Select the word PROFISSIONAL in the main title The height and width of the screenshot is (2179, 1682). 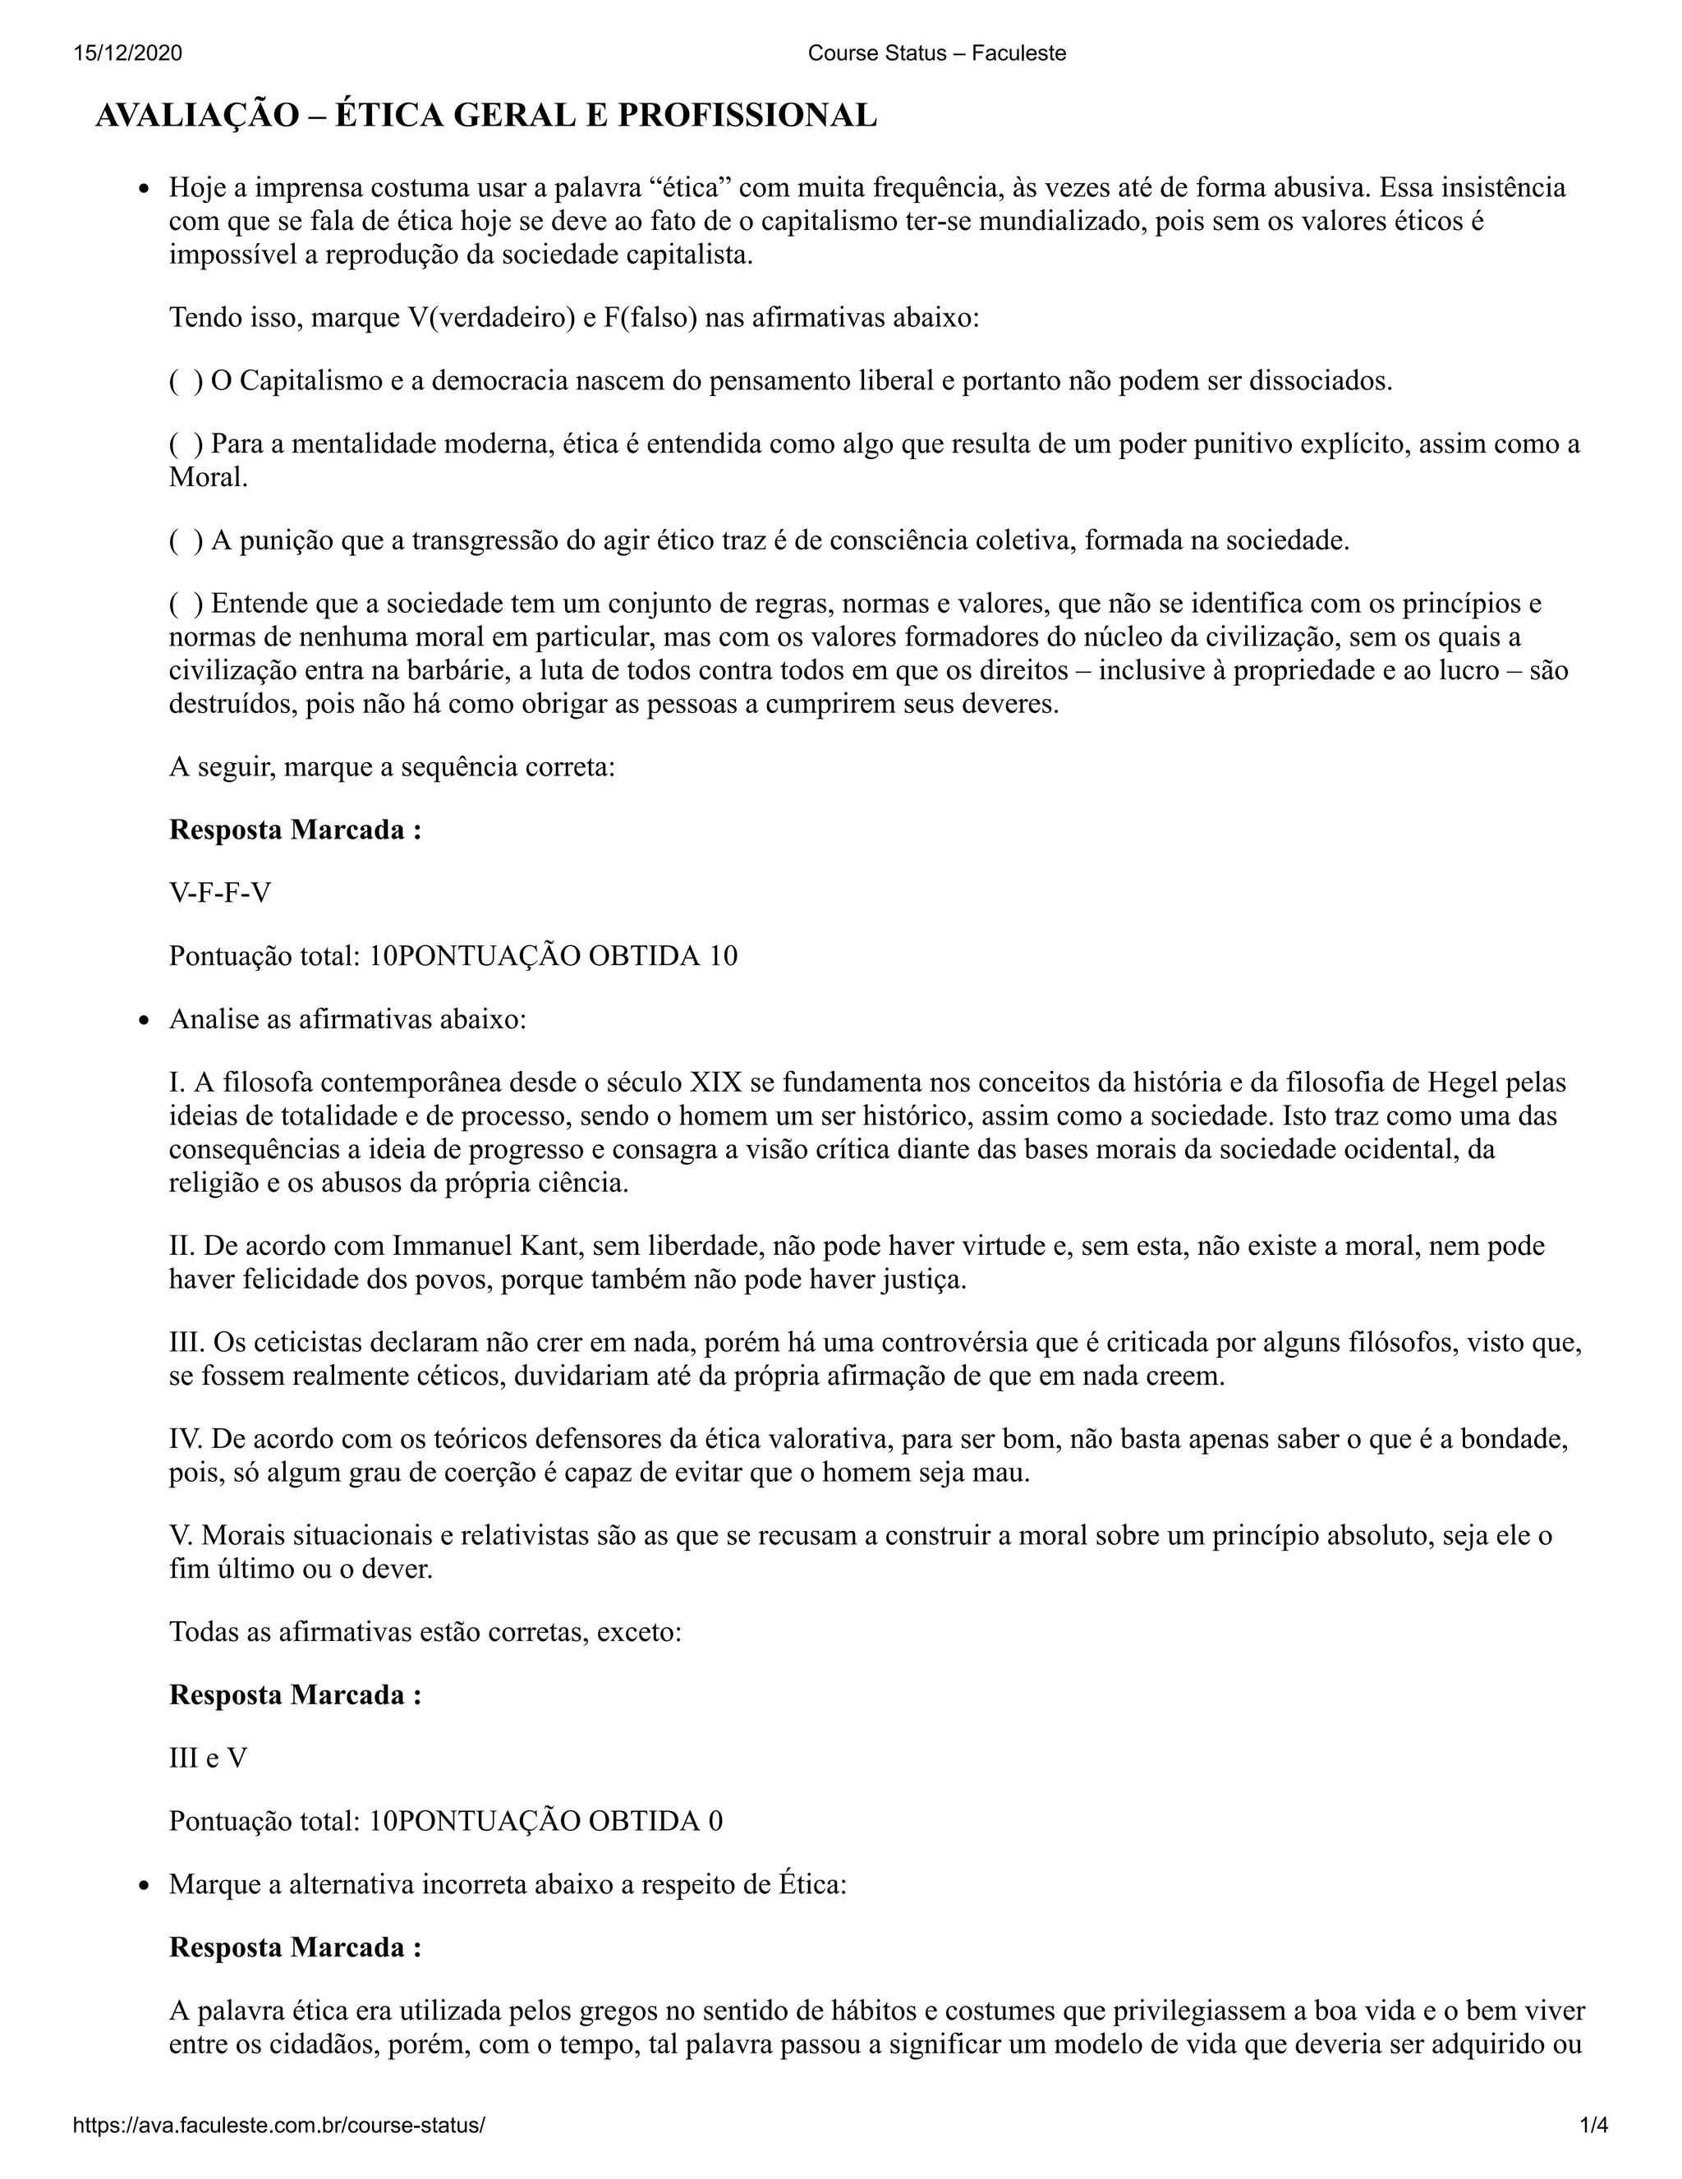tap(747, 116)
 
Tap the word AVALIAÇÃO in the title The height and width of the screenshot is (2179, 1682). tap(196, 116)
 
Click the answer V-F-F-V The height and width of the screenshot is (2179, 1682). tap(219, 892)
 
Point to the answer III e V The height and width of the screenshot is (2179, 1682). tap(208, 1757)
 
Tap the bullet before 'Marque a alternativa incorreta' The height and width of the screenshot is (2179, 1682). tap(145, 1886)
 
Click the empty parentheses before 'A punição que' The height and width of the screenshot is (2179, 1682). tap(186, 540)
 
